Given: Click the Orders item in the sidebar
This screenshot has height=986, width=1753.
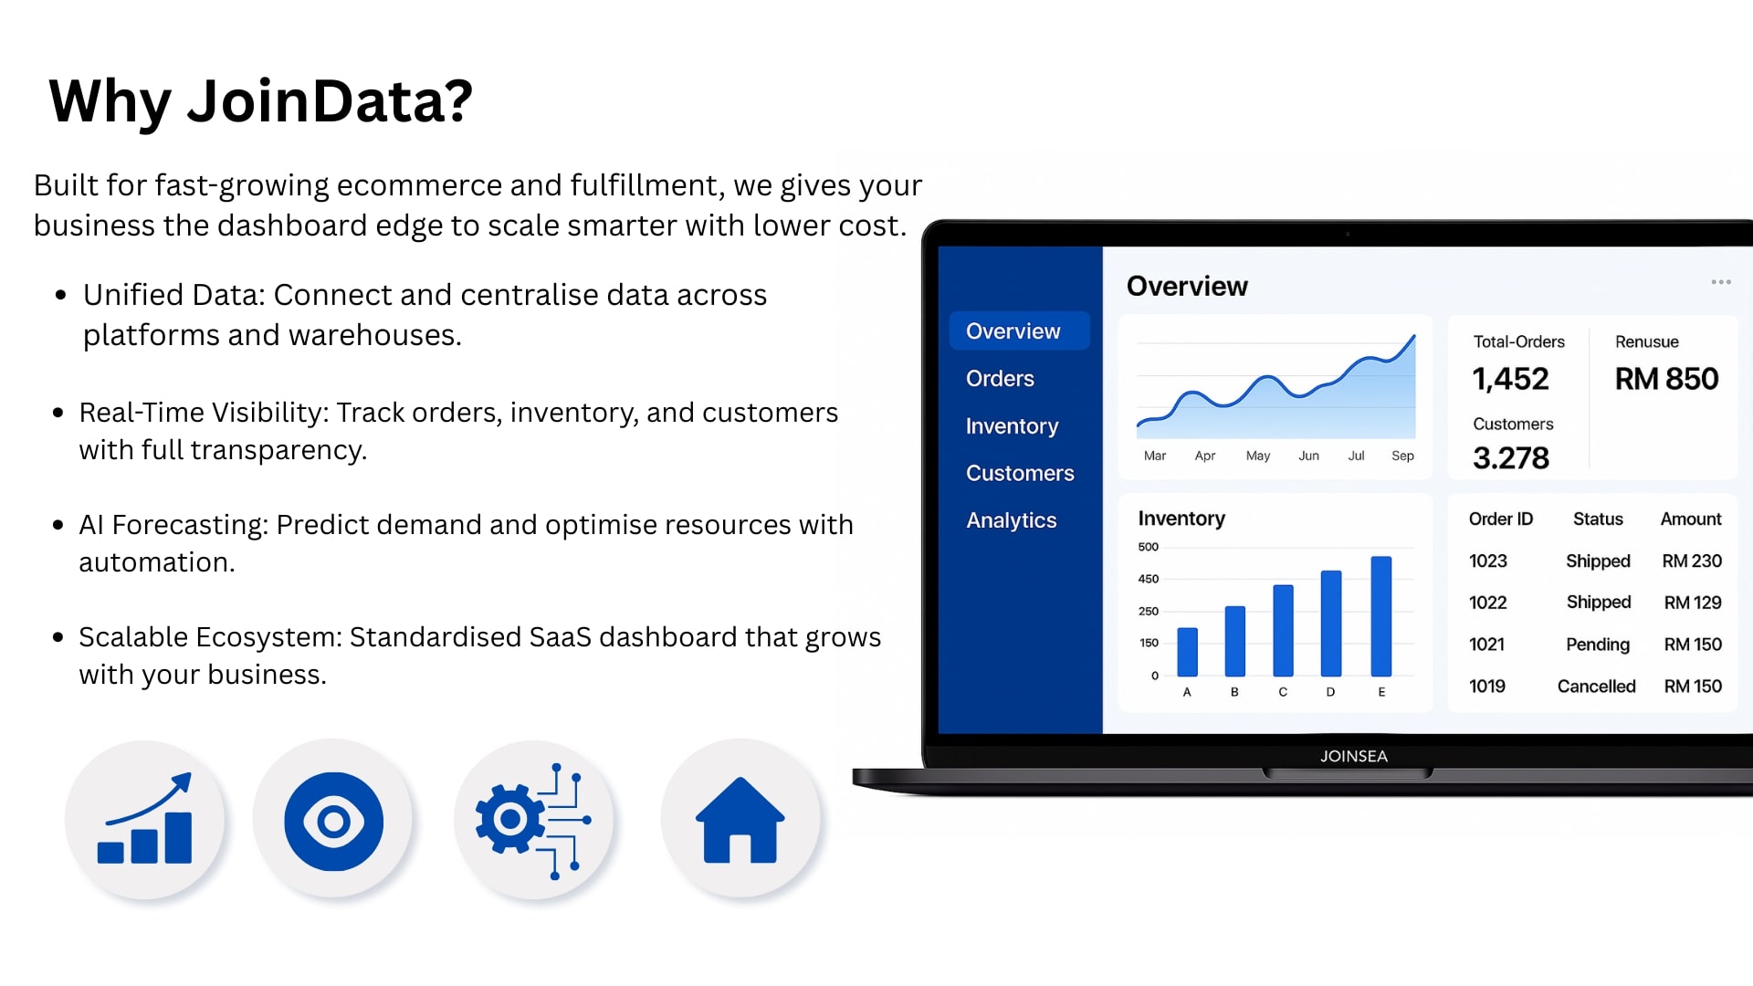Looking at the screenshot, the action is (1000, 379).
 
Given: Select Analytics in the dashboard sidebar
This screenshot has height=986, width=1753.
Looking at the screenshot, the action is (1012, 520).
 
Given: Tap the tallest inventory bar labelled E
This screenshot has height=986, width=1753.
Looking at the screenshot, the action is (1381, 616).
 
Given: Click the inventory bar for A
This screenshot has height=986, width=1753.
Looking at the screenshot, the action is (1187, 652).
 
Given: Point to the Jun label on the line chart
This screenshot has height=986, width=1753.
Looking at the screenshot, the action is (1308, 456).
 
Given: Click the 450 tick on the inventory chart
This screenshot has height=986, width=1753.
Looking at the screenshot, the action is (1149, 579).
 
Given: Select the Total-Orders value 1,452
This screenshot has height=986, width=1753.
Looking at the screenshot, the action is (1510, 379).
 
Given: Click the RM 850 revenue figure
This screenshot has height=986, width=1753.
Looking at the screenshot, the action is (1666, 379).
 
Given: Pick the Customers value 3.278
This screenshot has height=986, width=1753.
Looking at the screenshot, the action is (1511, 457).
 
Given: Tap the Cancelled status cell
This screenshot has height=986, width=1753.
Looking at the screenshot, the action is (1596, 687).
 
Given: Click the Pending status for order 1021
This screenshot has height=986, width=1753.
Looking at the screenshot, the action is (1598, 645).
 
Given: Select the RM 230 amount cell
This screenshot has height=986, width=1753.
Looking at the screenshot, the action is (1692, 561).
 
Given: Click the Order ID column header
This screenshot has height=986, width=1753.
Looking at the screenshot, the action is (1500, 519).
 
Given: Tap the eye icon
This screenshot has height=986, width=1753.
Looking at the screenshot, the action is (333, 822).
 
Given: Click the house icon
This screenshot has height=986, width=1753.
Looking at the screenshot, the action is (740, 821).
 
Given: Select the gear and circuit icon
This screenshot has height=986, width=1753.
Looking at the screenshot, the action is (533, 821).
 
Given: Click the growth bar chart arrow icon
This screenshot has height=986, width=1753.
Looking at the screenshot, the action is (145, 819).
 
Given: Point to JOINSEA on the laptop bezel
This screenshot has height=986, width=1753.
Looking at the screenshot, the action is (1353, 756).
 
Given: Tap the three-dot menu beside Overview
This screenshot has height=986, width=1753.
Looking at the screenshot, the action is (1721, 282).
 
